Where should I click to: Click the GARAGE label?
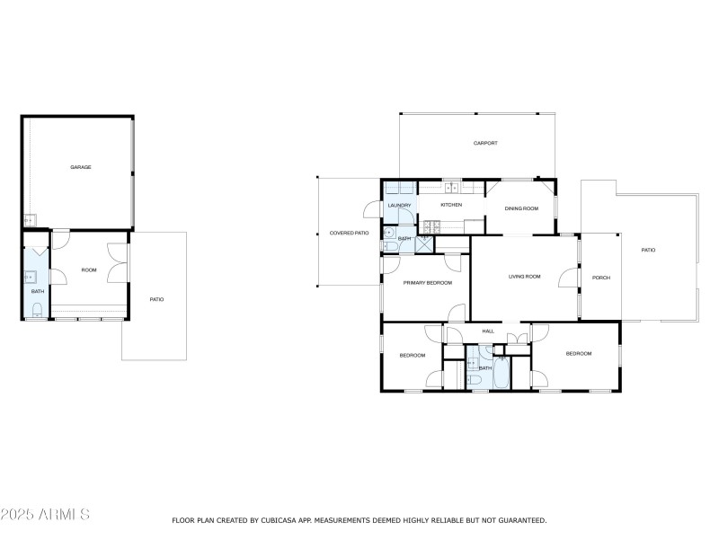tap(81, 167)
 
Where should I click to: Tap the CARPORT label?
tap(485, 144)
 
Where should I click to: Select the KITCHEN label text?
tap(451, 206)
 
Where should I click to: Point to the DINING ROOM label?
tap(521, 208)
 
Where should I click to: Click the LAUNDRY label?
tap(399, 206)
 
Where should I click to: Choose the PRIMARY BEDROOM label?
tap(427, 283)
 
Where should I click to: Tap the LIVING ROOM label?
tap(524, 277)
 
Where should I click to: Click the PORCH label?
tap(600, 278)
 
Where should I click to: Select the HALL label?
tap(488, 331)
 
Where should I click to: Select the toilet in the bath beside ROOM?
tap(37, 310)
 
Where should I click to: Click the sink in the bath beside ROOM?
tap(31, 277)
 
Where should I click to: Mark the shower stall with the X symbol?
tap(423, 242)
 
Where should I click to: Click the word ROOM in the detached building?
tap(89, 269)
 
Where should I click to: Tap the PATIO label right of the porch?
tap(648, 250)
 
